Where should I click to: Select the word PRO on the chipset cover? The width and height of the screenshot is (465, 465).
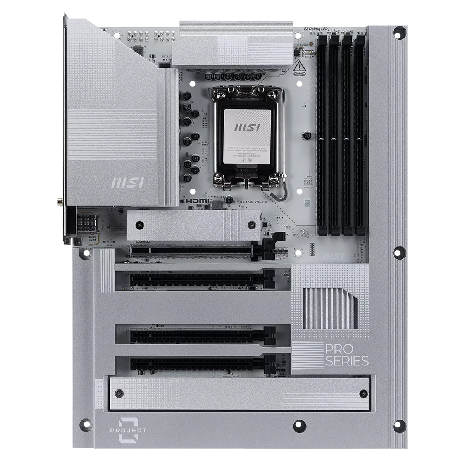click(334, 349)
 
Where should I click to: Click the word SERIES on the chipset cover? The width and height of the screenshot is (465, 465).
click(342, 362)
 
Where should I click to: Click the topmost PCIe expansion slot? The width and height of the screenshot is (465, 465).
click(194, 250)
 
